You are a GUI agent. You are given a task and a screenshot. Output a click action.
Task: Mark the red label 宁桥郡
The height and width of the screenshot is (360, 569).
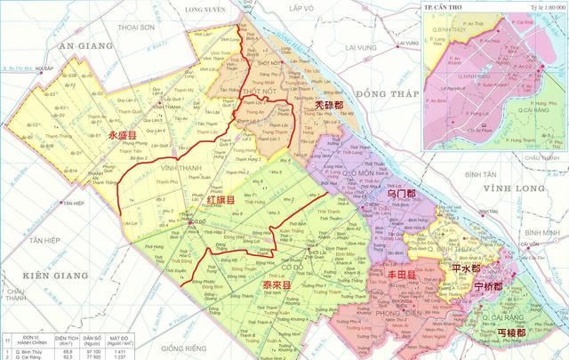click(487, 286)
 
